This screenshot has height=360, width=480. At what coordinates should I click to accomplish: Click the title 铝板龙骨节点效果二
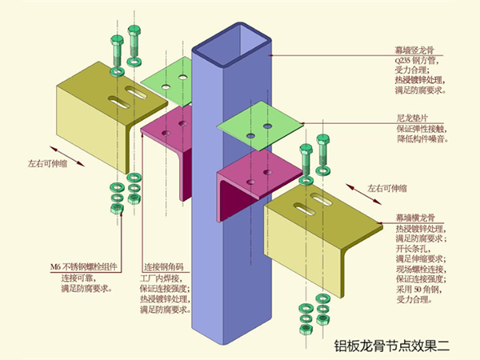tap(405, 347)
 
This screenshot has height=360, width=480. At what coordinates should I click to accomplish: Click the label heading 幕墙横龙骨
tap(418, 218)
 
